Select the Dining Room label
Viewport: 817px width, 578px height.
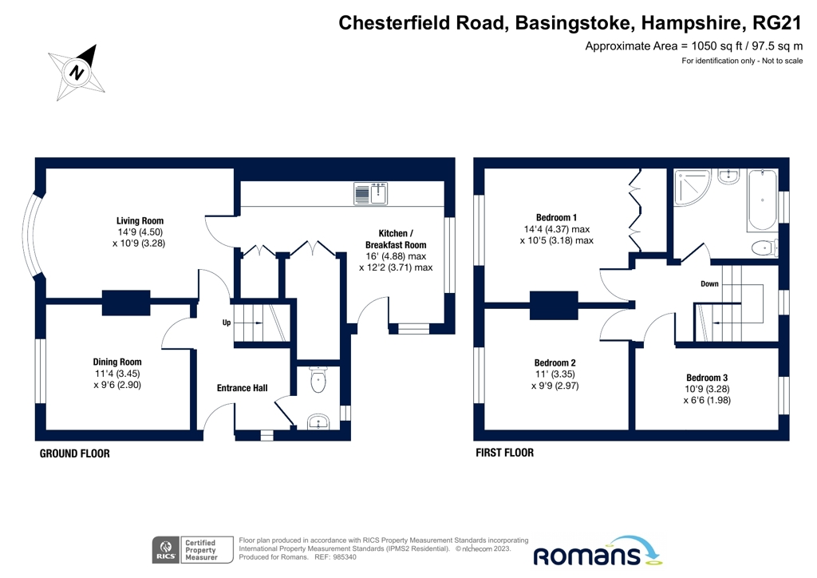(117, 362)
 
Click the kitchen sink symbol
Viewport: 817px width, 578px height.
(369, 193)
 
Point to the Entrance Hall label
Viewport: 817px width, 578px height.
(243, 388)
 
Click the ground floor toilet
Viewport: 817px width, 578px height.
(318, 380)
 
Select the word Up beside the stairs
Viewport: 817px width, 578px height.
(227, 323)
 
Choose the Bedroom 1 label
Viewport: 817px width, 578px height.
(556, 217)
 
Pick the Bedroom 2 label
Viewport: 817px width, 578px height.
(555, 362)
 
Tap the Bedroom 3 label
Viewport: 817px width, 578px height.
(707, 377)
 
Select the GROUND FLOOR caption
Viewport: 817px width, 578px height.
(75, 453)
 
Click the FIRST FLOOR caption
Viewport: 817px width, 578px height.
(504, 453)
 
